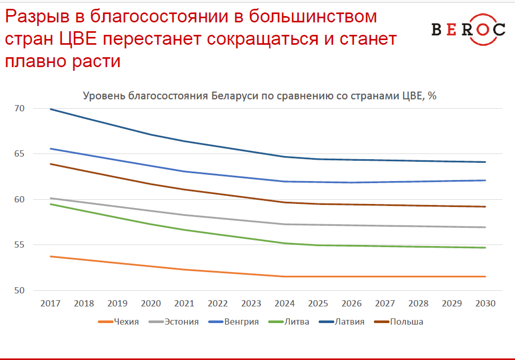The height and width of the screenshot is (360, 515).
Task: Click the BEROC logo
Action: point(468,30)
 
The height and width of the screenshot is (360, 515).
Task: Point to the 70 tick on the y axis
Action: point(20,109)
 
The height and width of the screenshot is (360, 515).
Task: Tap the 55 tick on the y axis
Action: point(20,245)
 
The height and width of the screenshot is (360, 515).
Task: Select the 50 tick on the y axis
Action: point(20,290)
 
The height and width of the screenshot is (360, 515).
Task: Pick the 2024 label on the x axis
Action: point(284,304)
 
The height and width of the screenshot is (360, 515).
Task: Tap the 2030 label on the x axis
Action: point(485,304)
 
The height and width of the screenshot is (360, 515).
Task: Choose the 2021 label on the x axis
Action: point(184,304)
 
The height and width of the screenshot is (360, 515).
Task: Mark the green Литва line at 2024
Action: point(284,243)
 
